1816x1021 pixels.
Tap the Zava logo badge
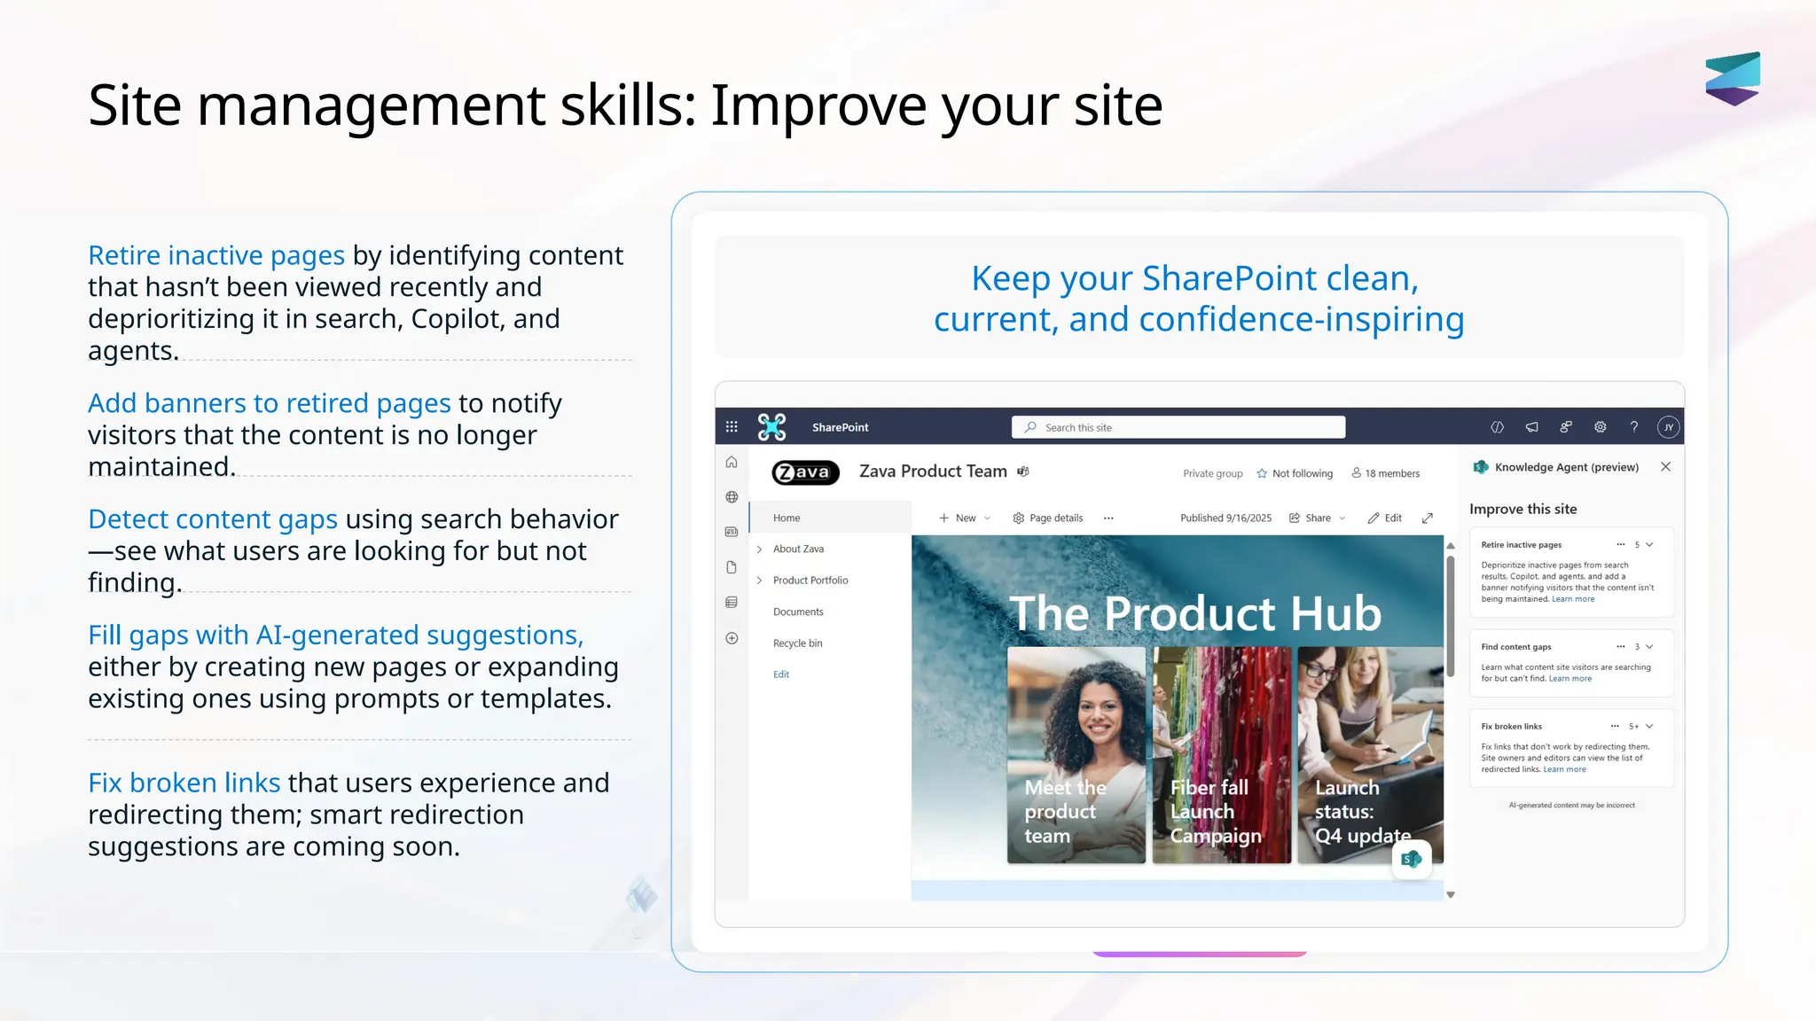coord(805,472)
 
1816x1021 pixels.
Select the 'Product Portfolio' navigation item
coord(810,581)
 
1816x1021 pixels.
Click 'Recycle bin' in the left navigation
coord(797,643)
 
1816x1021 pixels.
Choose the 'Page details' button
coord(1048,518)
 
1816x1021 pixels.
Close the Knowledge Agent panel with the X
coord(1665,467)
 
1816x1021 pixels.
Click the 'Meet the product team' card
coord(1076,754)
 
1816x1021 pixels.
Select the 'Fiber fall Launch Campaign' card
coord(1221,754)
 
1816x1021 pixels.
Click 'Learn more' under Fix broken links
coord(1564,769)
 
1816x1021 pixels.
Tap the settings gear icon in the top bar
coord(1600,427)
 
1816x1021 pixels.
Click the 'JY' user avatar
coord(1668,427)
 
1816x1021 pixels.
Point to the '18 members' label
coord(1385,473)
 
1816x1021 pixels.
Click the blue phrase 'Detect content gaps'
coord(213,519)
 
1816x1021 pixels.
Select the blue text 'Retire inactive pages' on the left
coord(216,255)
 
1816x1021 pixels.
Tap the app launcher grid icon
coord(732,427)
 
